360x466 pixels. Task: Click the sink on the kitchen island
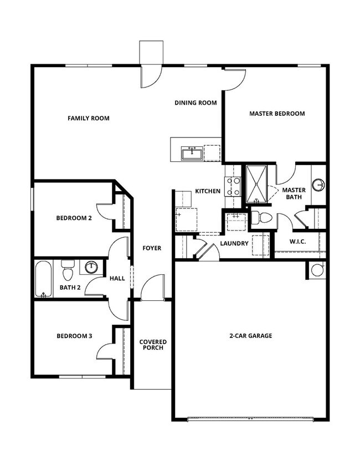(x=192, y=152)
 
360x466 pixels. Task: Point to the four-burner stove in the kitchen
(x=232, y=186)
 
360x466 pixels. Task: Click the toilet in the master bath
(x=261, y=218)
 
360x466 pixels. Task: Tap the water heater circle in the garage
(x=317, y=270)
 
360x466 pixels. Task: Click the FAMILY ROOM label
(x=88, y=118)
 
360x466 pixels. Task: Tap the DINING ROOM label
(x=195, y=103)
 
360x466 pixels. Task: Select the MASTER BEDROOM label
(x=277, y=114)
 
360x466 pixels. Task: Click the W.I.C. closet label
(x=298, y=242)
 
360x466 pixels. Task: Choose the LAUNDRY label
(x=233, y=243)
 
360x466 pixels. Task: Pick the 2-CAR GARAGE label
(x=250, y=336)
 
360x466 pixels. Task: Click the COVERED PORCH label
(x=153, y=345)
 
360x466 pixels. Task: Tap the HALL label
(x=117, y=278)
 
